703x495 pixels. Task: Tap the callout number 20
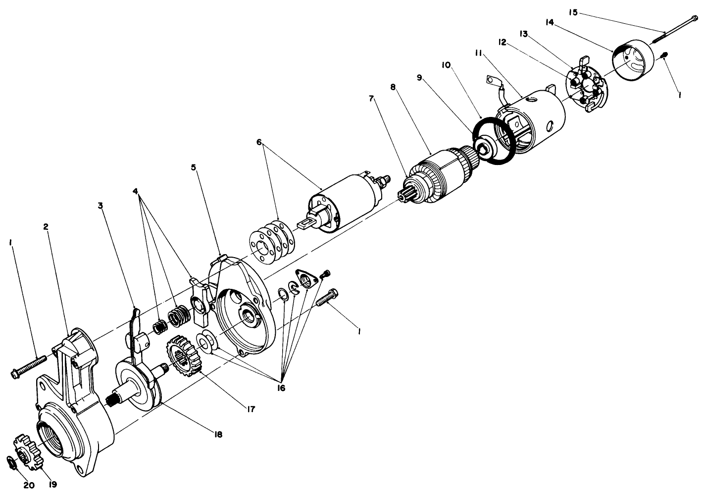point(29,485)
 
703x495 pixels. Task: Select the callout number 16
point(280,387)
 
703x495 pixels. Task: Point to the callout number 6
point(259,142)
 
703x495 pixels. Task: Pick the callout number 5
point(194,167)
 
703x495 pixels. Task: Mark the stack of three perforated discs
point(271,236)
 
